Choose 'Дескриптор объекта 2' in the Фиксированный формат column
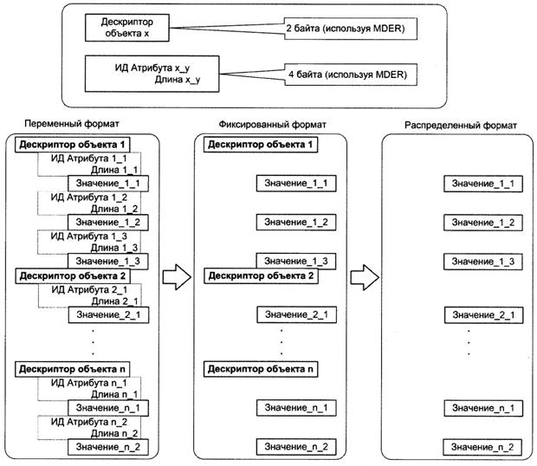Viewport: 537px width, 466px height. (x=259, y=276)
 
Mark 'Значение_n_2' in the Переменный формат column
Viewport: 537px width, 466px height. (x=107, y=446)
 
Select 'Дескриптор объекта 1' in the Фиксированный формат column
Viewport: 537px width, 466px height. (x=259, y=144)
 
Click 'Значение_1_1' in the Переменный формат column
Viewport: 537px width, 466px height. (x=107, y=184)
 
